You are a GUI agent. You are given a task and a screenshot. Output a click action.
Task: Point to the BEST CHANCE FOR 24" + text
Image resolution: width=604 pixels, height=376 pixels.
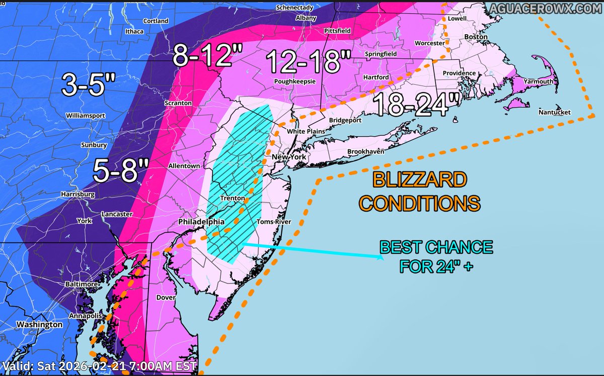436,257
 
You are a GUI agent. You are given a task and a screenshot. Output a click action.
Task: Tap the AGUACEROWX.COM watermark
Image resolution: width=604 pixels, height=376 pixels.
549,8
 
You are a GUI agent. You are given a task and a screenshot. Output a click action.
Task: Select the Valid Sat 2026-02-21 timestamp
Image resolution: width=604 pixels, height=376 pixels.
100,366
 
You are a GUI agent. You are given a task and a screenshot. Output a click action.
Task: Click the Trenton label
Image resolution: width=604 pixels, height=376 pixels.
233,199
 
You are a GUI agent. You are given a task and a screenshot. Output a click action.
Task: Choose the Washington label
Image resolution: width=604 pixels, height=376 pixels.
39,325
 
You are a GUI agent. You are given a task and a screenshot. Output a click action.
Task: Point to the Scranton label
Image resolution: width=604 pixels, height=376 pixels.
178,103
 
